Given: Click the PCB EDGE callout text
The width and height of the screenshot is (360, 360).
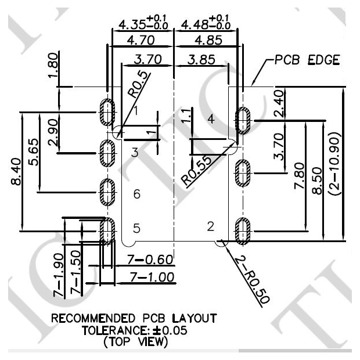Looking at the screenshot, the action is [307, 60].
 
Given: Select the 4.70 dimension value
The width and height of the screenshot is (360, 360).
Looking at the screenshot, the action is [141, 41].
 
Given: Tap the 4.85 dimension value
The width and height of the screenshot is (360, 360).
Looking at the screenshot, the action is [208, 40].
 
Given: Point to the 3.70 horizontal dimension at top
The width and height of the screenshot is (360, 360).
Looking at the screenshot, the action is [148, 59].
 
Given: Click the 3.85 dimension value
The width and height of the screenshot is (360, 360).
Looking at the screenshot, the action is [201, 59].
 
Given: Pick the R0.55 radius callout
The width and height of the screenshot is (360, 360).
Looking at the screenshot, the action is [196, 170].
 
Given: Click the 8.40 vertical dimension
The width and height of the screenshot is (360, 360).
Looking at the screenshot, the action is [16, 171].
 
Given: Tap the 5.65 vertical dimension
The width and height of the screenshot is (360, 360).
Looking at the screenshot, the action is [34, 152].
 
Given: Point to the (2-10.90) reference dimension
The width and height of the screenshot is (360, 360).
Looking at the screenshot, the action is [334, 164].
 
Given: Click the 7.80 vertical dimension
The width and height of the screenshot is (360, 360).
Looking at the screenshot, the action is [300, 175].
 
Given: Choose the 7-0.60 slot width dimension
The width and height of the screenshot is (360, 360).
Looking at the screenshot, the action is [150, 260].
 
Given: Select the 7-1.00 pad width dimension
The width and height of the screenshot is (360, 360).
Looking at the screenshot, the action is [152, 277].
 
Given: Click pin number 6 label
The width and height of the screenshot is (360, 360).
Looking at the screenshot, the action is [137, 194].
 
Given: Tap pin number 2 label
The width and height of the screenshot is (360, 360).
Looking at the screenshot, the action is [211, 226].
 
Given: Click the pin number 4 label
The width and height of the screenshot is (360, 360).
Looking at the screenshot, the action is [211, 119].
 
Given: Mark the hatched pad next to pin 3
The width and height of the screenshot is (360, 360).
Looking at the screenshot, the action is [107, 153].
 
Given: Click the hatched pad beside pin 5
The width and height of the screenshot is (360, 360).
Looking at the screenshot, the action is [107, 231].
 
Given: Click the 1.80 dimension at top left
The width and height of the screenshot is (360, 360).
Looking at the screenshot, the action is [53, 65].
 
